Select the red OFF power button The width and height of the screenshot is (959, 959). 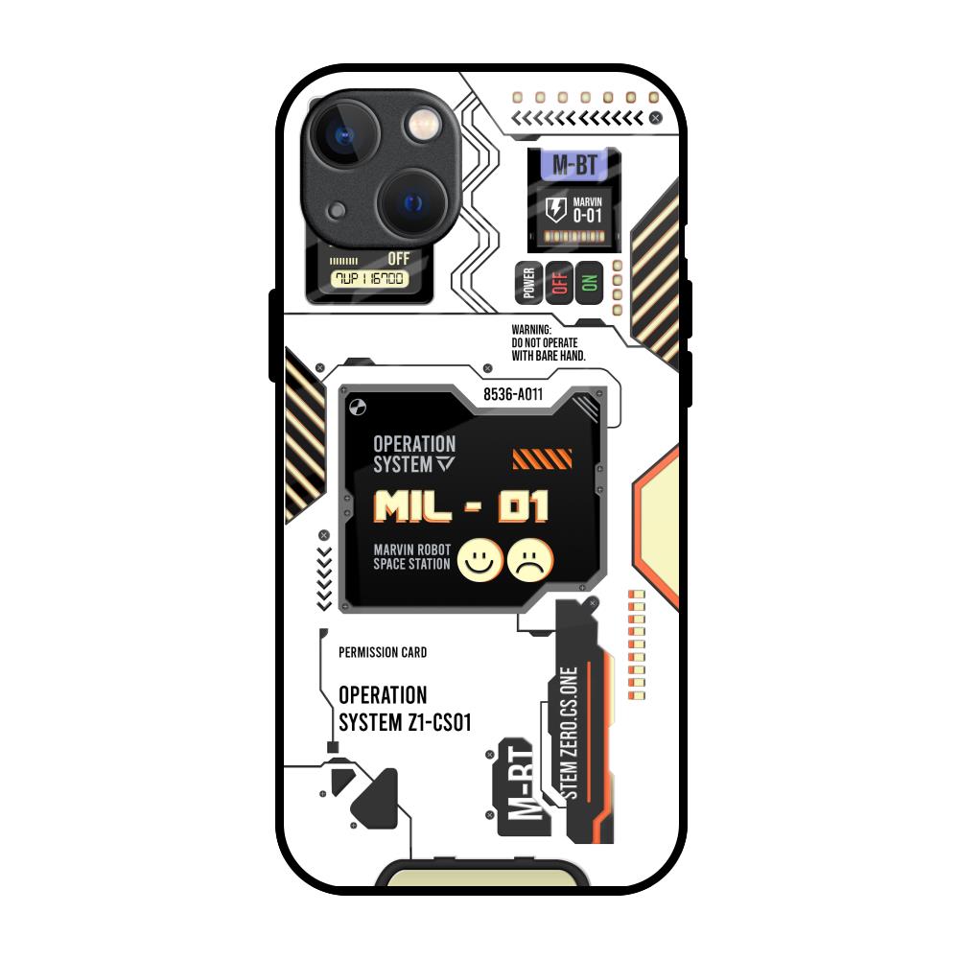tap(559, 282)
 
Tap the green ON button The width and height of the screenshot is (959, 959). tap(589, 282)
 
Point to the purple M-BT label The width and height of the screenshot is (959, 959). tap(574, 166)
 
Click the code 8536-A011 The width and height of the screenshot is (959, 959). tap(513, 394)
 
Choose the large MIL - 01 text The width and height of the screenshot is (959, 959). tap(461, 505)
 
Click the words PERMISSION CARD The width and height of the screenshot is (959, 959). tap(383, 652)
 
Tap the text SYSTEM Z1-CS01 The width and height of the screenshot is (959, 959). tap(405, 722)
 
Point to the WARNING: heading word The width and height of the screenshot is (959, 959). tap(532, 330)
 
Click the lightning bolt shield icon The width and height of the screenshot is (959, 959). tap(555, 210)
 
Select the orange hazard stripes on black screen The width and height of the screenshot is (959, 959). tap(542, 459)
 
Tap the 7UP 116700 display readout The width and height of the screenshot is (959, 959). tap(369, 279)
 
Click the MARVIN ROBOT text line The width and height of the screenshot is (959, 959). tap(411, 550)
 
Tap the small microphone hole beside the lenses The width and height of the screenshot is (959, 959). tap(337, 211)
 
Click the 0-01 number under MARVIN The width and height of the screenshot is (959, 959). tap(587, 217)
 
